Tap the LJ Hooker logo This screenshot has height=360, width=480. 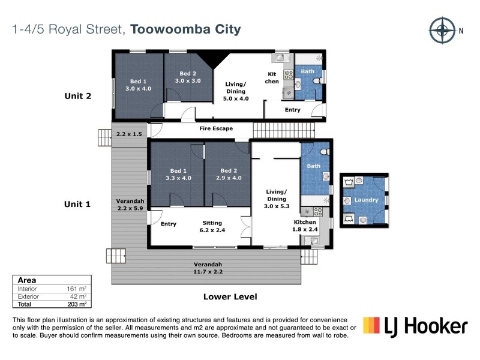coord(415,326)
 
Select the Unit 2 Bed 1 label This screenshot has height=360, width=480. coord(138,85)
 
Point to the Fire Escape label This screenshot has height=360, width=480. coord(216,128)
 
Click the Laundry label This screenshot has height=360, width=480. coord(367,200)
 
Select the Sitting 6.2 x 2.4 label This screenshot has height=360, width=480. coord(212,226)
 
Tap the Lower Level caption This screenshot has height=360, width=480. coord(230,296)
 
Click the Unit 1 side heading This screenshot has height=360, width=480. coord(77,204)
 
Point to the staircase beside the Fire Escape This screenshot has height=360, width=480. coord(283,129)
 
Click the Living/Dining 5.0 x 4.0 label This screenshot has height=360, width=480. coord(235,91)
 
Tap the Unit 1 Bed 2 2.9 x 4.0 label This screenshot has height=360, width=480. coord(229,174)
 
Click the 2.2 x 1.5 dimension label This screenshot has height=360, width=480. coord(129,134)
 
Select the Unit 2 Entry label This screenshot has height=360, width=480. coord(292,110)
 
